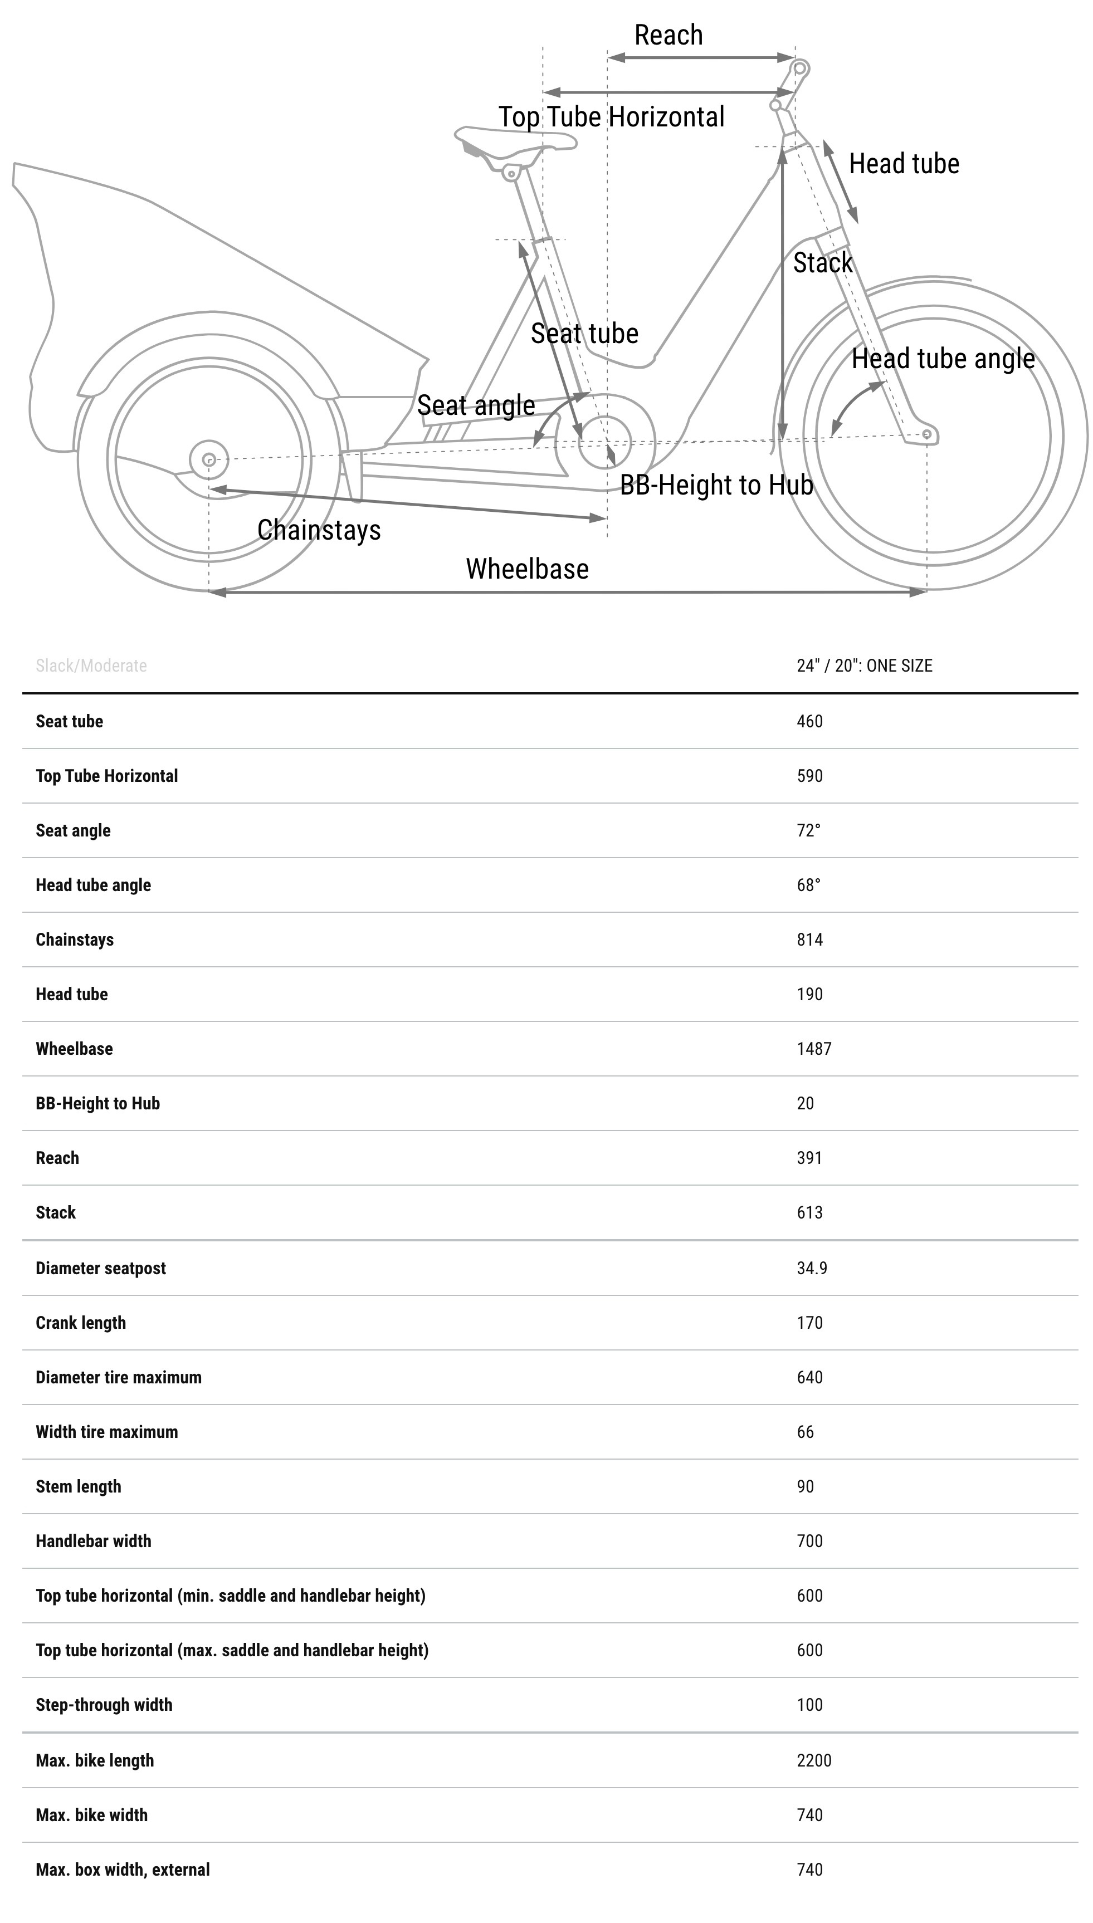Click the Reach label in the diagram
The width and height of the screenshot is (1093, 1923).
pyautogui.click(x=668, y=35)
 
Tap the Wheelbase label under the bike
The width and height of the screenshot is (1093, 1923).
pyautogui.click(x=527, y=569)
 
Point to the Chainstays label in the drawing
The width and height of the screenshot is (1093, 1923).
pyautogui.click(x=319, y=530)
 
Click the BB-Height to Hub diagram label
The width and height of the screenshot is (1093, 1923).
pyautogui.click(x=716, y=485)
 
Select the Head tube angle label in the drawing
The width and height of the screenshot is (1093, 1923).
pyautogui.click(x=943, y=359)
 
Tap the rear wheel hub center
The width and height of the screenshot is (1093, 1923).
pyautogui.click(x=209, y=459)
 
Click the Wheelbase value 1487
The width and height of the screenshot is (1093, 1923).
pyautogui.click(x=814, y=1049)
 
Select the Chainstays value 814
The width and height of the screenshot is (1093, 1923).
pyautogui.click(x=809, y=940)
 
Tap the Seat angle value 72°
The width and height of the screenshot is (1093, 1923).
pyautogui.click(x=808, y=830)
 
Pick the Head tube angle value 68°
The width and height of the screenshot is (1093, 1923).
pyautogui.click(x=808, y=885)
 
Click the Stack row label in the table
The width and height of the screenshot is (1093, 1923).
pyautogui.click(x=56, y=1212)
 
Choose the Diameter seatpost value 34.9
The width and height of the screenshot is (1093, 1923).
pyautogui.click(x=812, y=1268)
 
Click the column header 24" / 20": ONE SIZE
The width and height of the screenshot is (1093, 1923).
pyautogui.click(x=864, y=666)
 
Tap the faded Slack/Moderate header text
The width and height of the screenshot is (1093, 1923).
pyautogui.click(x=91, y=666)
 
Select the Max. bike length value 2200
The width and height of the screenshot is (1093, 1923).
pyautogui.click(x=814, y=1760)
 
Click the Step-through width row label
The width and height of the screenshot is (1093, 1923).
pyautogui.click(x=104, y=1705)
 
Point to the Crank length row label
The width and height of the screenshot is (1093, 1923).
pyautogui.click(x=80, y=1323)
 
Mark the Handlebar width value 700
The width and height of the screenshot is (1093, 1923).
pyautogui.click(x=809, y=1541)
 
